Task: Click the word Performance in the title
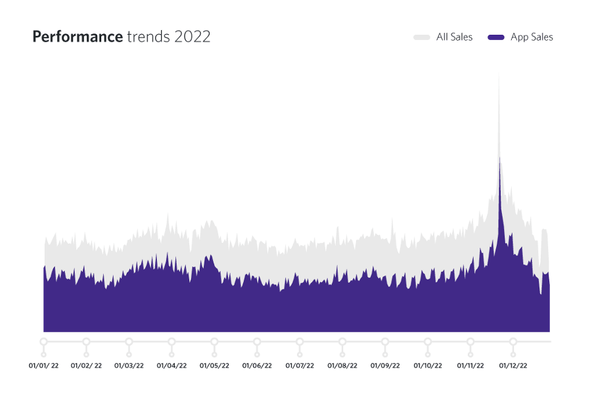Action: pos(77,37)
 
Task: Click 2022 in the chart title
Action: pos(193,37)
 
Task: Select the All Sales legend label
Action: pos(454,37)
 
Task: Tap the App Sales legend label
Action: pos(532,37)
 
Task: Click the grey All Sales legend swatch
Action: pos(422,37)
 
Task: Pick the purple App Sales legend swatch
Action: pos(496,37)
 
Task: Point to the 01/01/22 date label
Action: pos(43,366)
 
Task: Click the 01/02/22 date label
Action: pos(86,366)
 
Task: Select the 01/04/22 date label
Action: pos(171,366)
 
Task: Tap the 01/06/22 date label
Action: pos(257,366)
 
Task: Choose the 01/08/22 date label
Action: pos(342,366)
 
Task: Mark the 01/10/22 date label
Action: pos(428,366)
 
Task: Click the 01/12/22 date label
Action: pos(513,366)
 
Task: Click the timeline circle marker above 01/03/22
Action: pos(129,342)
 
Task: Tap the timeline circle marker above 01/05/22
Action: pos(214,342)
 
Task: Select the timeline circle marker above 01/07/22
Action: pos(300,342)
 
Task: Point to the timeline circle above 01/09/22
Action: pos(385,342)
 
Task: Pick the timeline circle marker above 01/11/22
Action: pos(470,342)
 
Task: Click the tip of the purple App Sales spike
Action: pos(499,157)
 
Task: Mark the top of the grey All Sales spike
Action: pos(499,73)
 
